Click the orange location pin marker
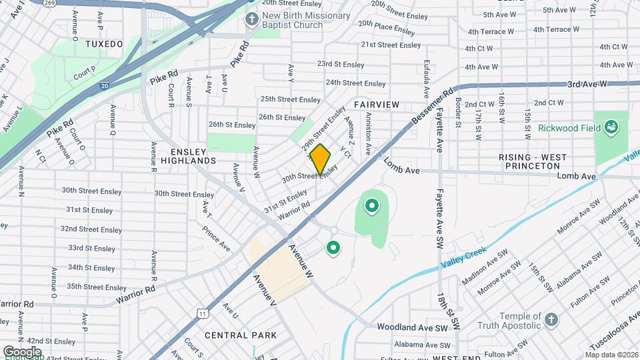320,159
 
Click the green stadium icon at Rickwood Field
611,127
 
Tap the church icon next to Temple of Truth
551,319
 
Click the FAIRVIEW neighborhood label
377,105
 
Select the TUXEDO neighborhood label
105,44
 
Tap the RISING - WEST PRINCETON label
533,162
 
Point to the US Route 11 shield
202,312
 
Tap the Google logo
22,351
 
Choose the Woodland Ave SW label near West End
411,327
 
